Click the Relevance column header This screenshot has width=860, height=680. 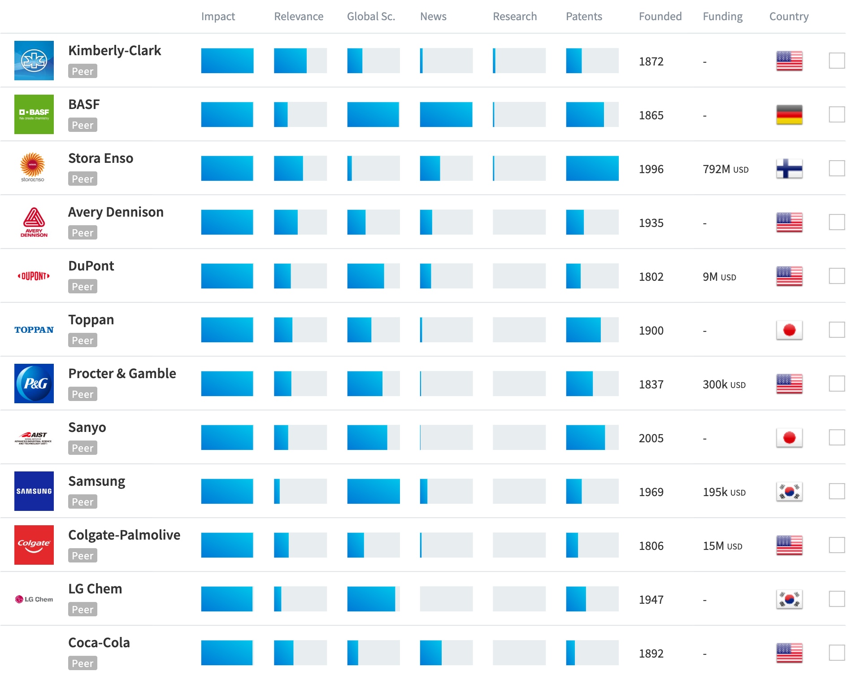299,17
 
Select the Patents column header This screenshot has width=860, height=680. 584,17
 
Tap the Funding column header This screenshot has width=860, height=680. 722,17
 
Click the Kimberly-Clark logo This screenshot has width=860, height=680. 34,61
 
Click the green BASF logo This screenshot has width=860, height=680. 34,114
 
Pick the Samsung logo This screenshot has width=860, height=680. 34,491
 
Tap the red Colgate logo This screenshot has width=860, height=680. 34,545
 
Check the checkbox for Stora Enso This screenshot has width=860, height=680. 837,169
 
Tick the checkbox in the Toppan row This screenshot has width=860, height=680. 837,330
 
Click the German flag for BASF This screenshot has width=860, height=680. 789,115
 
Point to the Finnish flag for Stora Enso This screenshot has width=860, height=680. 789,169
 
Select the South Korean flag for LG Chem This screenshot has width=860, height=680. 789,599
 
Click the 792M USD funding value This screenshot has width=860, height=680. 725,169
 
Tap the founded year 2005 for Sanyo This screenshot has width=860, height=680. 651,438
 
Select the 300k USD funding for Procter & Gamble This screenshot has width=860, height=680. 724,384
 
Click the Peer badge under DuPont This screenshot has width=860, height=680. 83,287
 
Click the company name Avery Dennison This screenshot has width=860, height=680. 116,212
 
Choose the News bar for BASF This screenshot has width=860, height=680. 446,115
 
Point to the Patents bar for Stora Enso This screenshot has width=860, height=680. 592,169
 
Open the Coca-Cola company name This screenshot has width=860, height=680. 99,643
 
